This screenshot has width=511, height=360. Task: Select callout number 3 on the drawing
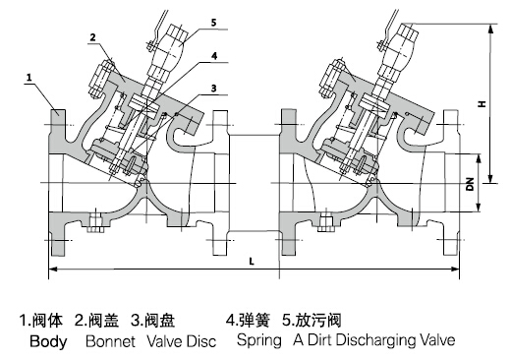[x=211, y=90]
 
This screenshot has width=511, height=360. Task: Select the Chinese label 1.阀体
[x=42, y=320]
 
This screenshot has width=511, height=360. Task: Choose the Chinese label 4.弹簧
[x=249, y=320]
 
